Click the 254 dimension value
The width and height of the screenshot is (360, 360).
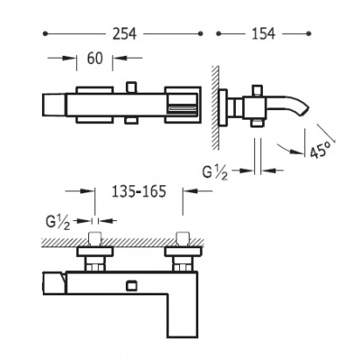coord(124,34)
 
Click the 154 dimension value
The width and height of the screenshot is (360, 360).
coord(263,34)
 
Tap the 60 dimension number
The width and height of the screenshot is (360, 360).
coord(94,59)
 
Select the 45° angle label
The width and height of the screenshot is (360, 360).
coord(320,149)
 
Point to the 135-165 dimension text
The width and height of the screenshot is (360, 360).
coord(139,191)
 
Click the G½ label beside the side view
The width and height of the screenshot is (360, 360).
coord(215,172)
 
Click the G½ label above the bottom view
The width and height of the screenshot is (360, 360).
coord(58,223)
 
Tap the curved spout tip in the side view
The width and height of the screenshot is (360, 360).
coord(305,108)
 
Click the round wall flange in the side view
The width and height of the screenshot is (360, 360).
coord(223,107)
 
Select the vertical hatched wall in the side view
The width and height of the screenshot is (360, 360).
coord(215,107)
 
